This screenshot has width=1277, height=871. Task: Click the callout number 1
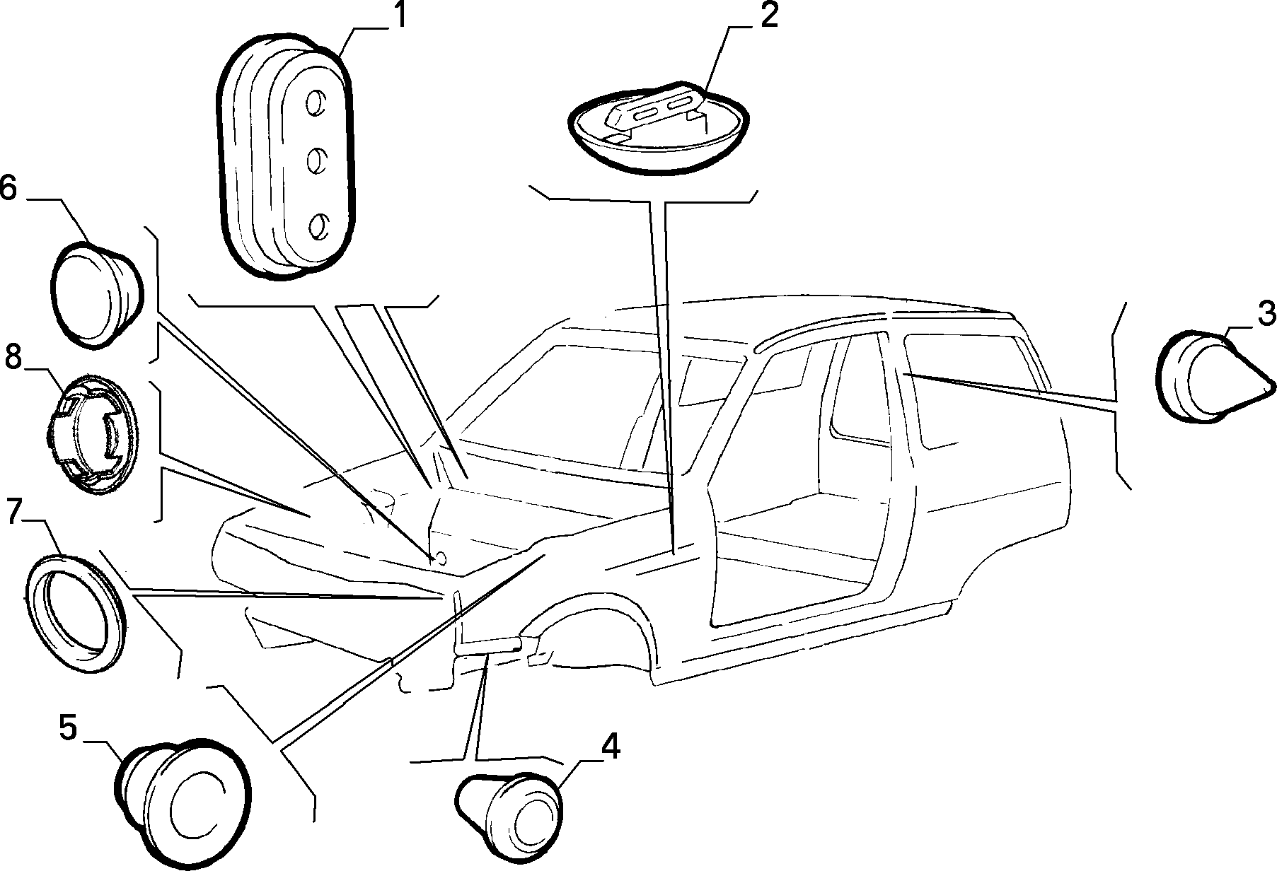[x=400, y=16]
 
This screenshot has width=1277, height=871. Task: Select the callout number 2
[x=768, y=16]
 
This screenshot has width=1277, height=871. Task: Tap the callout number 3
[x=1265, y=313]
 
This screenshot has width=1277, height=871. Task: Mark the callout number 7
[x=15, y=510]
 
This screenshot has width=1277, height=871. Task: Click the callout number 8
[x=14, y=357]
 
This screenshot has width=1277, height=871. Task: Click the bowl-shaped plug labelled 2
[x=659, y=127]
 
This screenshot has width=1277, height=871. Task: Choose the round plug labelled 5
[x=183, y=798]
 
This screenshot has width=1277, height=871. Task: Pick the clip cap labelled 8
[x=90, y=433]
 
